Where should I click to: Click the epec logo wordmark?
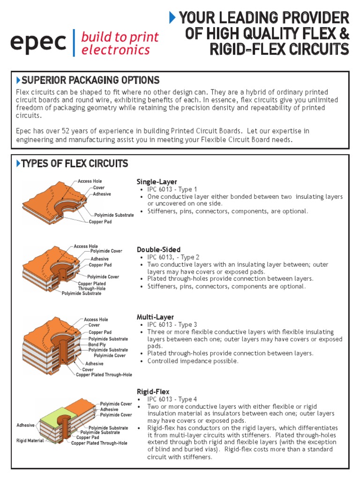[x=38, y=43]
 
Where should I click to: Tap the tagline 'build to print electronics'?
[x=120, y=43]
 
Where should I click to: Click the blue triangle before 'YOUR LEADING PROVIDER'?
[x=172, y=18]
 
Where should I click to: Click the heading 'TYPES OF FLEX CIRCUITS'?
[x=75, y=164]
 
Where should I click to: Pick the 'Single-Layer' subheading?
[x=157, y=181]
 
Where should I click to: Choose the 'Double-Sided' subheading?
[x=158, y=249]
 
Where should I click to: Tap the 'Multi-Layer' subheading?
[x=155, y=317]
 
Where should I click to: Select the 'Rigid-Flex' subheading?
[x=153, y=391]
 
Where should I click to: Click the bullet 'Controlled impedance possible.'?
[x=193, y=361]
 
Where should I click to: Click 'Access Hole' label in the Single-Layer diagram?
[x=90, y=181]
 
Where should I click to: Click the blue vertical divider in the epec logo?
[x=74, y=43]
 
